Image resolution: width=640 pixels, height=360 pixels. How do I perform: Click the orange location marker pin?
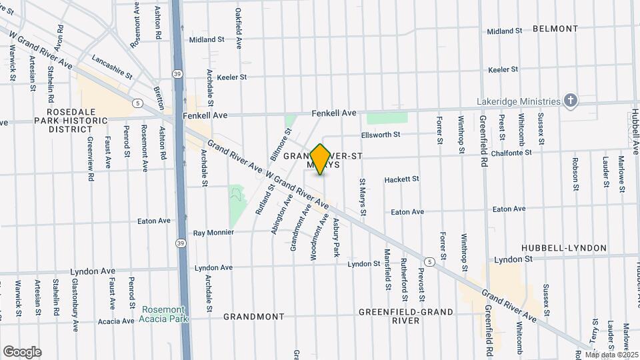tap(320, 159)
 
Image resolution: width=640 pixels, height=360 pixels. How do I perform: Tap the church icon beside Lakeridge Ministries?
tap(570, 101)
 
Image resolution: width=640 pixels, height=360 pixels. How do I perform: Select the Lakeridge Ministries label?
tap(519, 101)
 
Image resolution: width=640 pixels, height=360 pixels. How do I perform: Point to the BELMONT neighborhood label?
tap(555, 29)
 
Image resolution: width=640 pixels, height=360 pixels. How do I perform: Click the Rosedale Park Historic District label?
tap(79, 120)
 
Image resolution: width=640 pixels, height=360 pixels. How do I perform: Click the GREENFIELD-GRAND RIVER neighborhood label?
tap(406, 316)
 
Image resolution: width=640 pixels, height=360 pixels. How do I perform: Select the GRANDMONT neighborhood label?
tap(253, 317)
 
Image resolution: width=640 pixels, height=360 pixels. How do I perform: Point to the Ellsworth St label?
tap(380, 134)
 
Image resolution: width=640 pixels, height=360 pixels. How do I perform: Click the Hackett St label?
tap(402, 179)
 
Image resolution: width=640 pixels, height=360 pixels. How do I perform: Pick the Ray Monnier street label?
tap(214, 233)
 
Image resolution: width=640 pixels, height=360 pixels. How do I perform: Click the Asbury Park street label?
tap(337, 238)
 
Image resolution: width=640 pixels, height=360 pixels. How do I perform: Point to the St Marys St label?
tap(363, 197)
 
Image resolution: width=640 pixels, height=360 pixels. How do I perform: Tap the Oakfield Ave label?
tap(239, 29)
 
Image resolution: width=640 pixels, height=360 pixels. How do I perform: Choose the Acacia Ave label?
tap(117, 321)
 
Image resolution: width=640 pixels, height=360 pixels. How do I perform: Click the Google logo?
tap(21, 352)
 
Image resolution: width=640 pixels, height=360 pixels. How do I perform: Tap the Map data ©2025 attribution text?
tap(611, 355)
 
